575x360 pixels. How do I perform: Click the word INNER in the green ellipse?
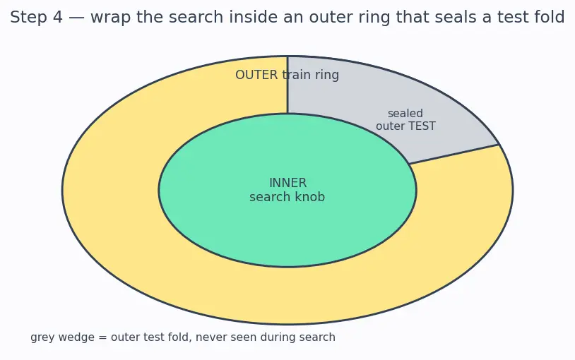click(x=288, y=183)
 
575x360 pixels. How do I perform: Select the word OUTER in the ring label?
click(x=256, y=75)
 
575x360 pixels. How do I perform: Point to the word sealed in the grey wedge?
click(x=405, y=113)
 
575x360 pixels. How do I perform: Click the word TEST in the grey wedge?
click(x=421, y=126)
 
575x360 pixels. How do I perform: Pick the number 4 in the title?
click(x=58, y=17)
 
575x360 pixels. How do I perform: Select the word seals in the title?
click(x=463, y=17)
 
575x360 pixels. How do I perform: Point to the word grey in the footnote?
click(x=42, y=337)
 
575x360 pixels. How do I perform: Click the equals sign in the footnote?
click(x=102, y=337)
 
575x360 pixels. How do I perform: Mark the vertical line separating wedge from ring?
click(x=287, y=85)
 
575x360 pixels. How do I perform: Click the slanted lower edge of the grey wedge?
click(x=454, y=155)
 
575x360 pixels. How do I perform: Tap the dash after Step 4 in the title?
click(x=76, y=18)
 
